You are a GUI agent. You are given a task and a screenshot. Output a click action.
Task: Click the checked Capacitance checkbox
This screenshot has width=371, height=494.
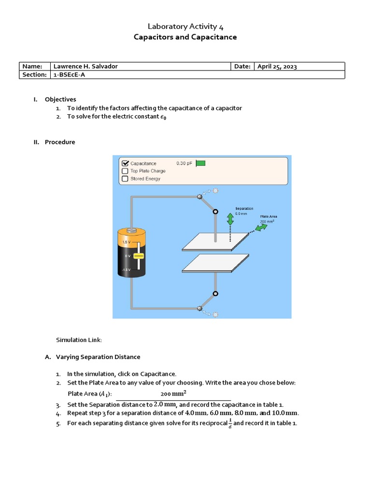pos(125,163)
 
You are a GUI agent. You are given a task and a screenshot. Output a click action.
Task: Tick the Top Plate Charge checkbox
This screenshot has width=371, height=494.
pos(125,171)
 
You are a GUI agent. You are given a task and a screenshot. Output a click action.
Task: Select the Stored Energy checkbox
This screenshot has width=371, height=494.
pos(125,178)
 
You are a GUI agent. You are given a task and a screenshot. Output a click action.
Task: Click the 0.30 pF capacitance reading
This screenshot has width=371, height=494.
pos(184,163)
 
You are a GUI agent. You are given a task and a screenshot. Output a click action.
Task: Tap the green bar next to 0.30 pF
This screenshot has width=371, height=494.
pos(200,163)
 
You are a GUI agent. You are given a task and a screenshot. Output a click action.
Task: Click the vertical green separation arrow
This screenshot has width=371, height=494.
pos(230,220)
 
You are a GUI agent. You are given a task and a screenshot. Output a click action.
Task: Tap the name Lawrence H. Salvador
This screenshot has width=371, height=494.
pos(85,67)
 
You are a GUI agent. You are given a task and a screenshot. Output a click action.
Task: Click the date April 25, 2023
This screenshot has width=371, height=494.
pos(277,67)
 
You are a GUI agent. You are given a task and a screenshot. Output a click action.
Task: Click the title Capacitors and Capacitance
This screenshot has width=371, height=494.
pos(185,37)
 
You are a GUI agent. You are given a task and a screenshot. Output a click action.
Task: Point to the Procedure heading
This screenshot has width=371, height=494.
pos(60,142)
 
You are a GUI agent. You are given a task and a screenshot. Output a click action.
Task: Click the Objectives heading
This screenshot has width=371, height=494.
pos(60,99)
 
